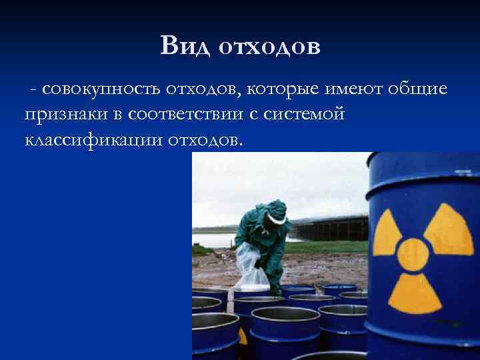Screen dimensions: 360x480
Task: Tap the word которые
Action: [x=291, y=91]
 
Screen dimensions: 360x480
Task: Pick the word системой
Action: [x=305, y=115]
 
